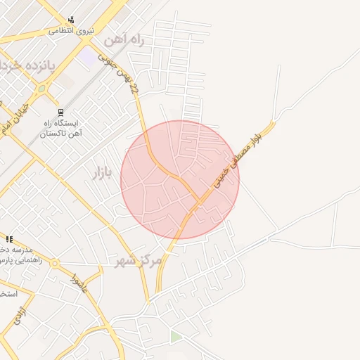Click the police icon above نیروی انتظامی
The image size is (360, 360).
(x=71, y=20)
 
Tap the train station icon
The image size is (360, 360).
(x=61, y=112)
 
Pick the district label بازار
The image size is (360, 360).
(x=103, y=172)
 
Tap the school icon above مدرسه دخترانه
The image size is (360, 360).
(x=9, y=240)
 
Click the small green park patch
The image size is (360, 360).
(x=175, y=337)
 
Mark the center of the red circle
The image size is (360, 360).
(x=180, y=180)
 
